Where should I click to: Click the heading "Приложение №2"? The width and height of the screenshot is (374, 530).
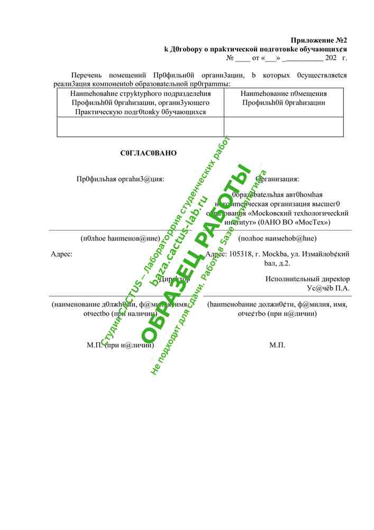click(x=319, y=40)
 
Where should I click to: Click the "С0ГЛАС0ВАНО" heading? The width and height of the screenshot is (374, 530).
click(x=148, y=153)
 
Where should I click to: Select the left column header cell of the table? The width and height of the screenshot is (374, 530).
click(x=140, y=102)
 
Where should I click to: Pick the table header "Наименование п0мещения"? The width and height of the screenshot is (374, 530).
click(x=284, y=93)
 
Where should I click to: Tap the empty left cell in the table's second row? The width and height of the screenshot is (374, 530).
click(x=140, y=127)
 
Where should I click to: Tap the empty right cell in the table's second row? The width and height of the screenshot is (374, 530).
click(x=284, y=127)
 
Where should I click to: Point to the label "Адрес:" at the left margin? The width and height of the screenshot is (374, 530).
click(x=61, y=254)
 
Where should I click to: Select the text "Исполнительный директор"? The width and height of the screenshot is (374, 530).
click(x=307, y=279)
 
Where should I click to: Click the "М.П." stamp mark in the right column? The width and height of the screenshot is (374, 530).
click(x=277, y=345)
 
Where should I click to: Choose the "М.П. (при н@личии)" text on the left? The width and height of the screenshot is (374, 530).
click(x=121, y=345)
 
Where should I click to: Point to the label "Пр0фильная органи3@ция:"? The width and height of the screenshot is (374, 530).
click(x=121, y=179)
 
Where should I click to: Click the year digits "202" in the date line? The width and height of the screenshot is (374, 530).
click(x=331, y=57)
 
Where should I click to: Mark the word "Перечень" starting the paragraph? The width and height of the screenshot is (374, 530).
click(x=86, y=75)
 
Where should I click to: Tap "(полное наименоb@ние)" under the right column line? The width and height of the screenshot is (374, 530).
click(x=277, y=238)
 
